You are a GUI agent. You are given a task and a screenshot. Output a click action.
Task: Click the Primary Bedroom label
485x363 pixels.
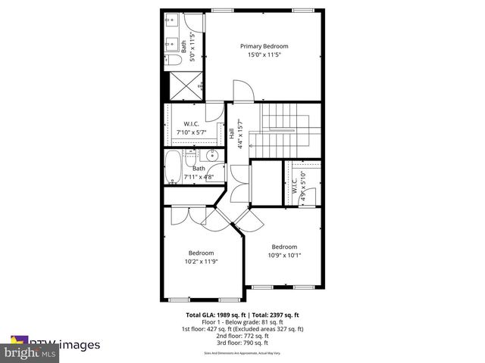(264, 46)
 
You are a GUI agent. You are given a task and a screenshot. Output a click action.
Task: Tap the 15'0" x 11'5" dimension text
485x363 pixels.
(264, 54)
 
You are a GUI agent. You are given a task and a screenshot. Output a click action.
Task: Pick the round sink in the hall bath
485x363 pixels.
(206, 156)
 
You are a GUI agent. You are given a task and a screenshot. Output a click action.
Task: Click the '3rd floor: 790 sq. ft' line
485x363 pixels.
(243, 343)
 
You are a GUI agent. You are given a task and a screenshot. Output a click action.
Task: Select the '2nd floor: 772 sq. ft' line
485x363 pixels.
(243, 336)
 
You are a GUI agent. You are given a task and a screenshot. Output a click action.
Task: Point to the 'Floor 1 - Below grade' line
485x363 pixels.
(243, 321)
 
